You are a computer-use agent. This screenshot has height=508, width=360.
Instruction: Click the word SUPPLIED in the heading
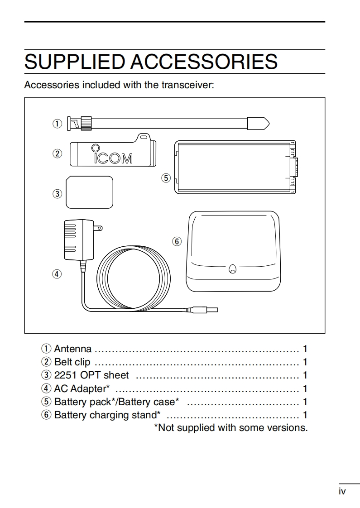point(75,62)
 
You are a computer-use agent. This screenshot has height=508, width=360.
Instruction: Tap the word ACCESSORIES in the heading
point(204,62)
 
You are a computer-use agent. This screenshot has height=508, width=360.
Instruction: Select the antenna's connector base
point(80,123)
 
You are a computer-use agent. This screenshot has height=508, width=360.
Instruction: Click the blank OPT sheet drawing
point(89,192)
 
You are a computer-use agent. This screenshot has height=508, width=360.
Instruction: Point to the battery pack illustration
point(235,167)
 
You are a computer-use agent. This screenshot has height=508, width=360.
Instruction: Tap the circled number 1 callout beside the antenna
point(57,123)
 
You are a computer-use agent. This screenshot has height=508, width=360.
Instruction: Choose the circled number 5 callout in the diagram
point(166,178)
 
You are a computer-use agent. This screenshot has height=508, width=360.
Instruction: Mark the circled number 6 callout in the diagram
point(177,241)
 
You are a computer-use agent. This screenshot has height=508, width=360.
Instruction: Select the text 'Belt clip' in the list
point(72,362)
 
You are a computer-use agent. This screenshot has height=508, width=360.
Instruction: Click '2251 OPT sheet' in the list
point(91,375)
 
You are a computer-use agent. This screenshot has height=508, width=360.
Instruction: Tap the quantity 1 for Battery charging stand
point(305,415)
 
